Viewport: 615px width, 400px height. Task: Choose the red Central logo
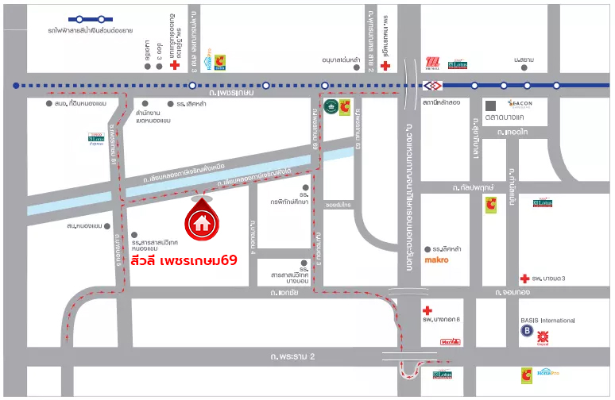543,337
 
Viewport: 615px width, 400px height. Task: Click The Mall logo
432,64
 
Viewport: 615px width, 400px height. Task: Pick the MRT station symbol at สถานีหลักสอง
432,85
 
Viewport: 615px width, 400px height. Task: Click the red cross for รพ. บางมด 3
524,278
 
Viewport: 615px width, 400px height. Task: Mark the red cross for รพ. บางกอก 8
427,310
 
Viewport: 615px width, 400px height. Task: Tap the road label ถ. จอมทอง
513,294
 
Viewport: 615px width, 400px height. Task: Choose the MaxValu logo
450,342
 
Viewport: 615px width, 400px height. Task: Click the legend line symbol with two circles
91,18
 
